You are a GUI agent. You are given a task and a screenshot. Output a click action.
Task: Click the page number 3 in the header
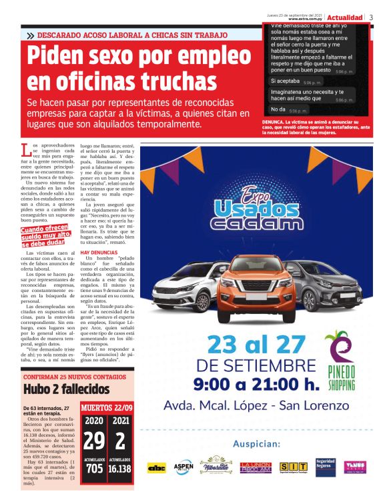(x=371, y=17)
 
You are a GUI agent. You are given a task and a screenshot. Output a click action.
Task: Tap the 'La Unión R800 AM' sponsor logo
(x=255, y=467)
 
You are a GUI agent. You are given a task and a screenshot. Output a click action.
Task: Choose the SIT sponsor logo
(x=293, y=467)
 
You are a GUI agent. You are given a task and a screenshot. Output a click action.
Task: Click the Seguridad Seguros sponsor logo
(x=325, y=467)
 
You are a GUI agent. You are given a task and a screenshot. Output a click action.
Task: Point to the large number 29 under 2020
(x=95, y=441)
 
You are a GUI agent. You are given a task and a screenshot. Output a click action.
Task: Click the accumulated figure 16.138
(x=121, y=469)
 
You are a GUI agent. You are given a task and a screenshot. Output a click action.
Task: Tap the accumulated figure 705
(x=95, y=469)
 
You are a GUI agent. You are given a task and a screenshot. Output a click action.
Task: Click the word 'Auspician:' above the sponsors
(x=257, y=444)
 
